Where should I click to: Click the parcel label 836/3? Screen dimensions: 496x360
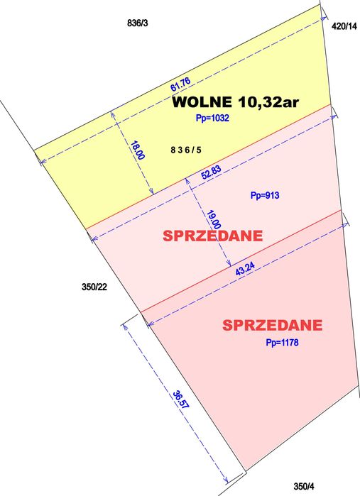pyautogui.click(x=136, y=23)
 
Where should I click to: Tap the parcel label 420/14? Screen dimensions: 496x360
pyautogui.click(x=344, y=26)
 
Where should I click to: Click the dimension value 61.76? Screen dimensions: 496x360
pyautogui.click(x=180, y=85)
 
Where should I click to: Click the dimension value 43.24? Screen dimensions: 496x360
pyautogui.click(x=243, y=270)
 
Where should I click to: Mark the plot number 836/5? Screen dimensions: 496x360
pyautogui.click(x=186, y=150)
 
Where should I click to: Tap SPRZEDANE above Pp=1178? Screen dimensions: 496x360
pyautogui.click(x=273, y=326)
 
